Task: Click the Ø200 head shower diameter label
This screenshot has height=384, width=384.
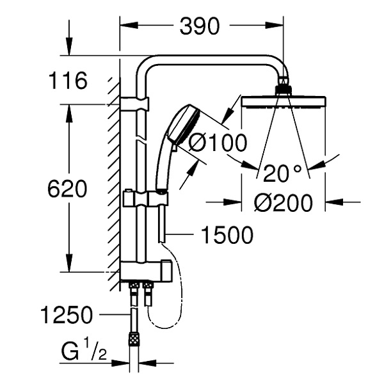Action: click(x=283, y=204)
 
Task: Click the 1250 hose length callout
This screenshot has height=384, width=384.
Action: click(x=66, y=314)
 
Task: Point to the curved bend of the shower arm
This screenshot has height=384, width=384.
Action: click(x=148, y=63)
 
